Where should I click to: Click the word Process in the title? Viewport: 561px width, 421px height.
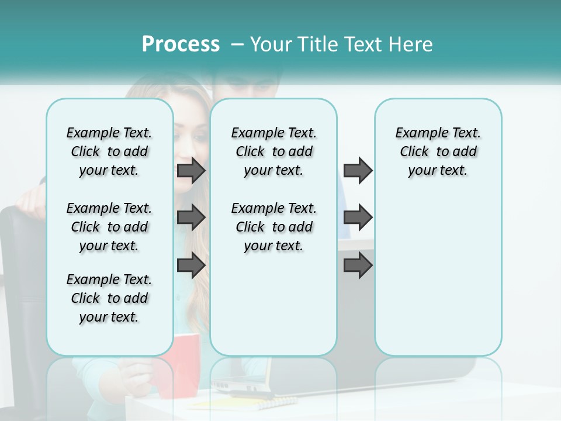tap(181, 44)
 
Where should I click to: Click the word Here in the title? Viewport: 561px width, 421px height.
tap(411, 44)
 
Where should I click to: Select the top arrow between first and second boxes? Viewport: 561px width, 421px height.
tap(191, 170)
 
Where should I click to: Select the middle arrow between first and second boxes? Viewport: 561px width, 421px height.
tap(191, 218)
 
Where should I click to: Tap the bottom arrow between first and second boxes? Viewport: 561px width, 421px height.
tap(191, 265)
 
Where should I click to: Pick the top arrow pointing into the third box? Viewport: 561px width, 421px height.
tap(358, 170)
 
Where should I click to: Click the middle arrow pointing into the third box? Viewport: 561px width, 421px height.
tap(358, 218)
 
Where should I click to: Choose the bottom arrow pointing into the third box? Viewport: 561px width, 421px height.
tap(358, 265)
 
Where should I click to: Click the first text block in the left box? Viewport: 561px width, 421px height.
tap(109, 151)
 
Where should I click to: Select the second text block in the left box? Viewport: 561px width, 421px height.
tap(109, 227)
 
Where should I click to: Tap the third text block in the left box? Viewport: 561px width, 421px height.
tap(109, 298)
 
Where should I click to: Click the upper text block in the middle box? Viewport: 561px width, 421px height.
tap(273, 151)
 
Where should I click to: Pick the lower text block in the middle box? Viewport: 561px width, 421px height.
tap(273, 227)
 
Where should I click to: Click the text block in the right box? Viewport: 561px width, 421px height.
tap(438, 151)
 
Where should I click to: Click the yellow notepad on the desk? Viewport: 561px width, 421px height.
tap(245, 403)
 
